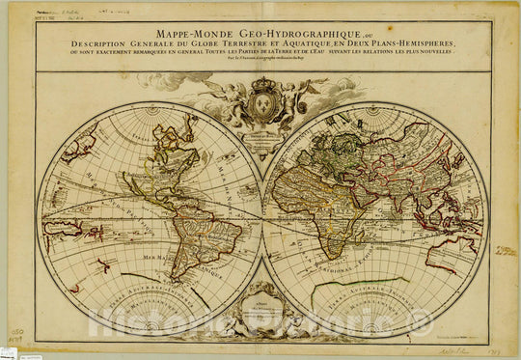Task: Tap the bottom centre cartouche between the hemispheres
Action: (x=261, y=314)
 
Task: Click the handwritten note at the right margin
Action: (x=505, y=251)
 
